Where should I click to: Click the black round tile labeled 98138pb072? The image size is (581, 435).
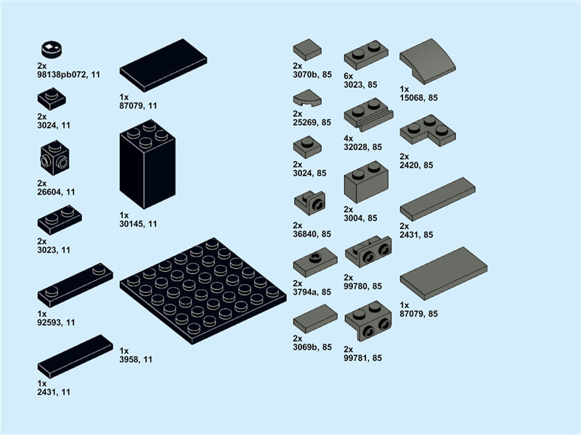pos(49,50)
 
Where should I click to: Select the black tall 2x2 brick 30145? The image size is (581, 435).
pos(147,168)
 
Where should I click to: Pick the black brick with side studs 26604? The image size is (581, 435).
pos(54,158)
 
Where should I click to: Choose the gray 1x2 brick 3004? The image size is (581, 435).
pos(365,182)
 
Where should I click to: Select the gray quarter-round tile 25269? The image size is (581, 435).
pos(306,99)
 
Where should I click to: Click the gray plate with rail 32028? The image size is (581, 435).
pos(367,116)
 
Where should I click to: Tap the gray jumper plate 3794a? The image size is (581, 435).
pos(314,261)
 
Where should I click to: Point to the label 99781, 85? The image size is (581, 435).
pos(362,357)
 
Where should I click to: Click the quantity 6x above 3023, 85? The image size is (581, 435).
pos(348,76)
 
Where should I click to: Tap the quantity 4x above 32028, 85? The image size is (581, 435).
pos(348,138)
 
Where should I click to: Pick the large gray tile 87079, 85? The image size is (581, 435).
pos(442,273)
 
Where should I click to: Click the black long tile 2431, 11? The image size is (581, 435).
pos(75,356)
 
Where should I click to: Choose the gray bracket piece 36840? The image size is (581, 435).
pos(309,202)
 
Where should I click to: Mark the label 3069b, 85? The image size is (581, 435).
pos(312,347)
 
